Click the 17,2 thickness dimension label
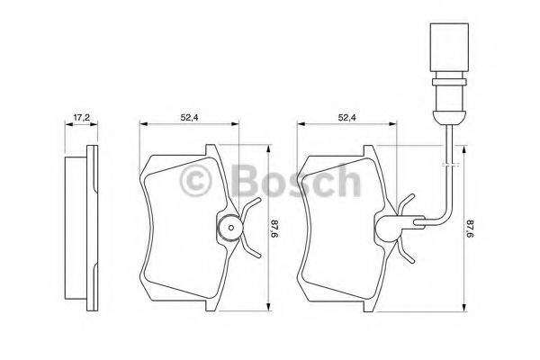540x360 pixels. tap(81, 118)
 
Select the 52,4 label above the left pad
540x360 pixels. tap(189, 118)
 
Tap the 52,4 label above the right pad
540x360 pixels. tap(347, 118)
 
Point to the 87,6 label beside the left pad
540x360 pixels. tap(274, 229)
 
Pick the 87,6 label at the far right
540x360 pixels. tap(471, 229)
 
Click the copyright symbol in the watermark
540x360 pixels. tap(195, 181)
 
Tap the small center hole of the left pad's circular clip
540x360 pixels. tap(231, 228)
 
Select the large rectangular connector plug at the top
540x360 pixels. tap(449, 47)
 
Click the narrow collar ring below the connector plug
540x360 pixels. tap(449, 82)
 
